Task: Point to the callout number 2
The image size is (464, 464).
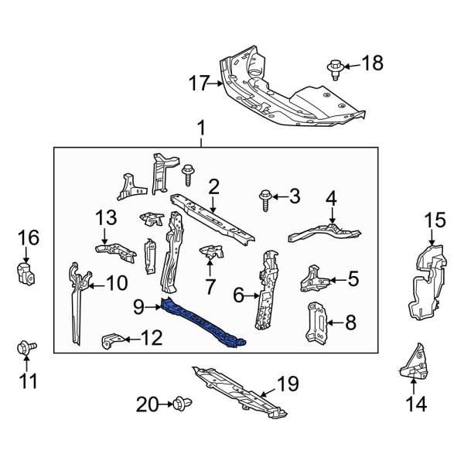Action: tap(213, 186)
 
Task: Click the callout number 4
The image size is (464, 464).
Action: tap(331, 200)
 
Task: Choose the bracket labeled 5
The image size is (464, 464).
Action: tap(314, 277)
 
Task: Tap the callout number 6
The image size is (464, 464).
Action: tap(238, 294)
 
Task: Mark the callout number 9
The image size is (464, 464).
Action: tap(138, 307)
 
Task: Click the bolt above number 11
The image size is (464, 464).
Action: tap(23, 349)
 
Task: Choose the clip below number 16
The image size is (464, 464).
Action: tap(23, 271)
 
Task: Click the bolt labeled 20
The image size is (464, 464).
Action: tap(182, 402)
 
